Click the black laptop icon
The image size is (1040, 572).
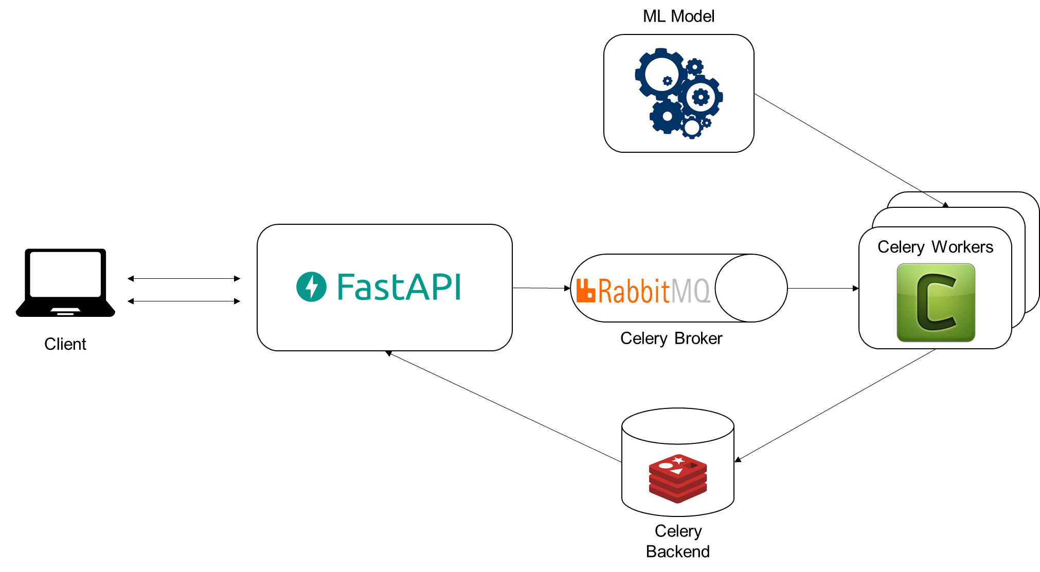coord(65,282)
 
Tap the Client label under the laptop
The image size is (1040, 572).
coord(65,344)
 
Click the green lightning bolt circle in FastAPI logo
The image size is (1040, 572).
coord(311,287)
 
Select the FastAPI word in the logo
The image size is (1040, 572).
coord(399,287)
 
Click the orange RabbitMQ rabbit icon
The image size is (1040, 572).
coord(586,290)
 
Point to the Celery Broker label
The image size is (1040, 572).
coord(671,338)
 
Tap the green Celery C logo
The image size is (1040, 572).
coord(936,302)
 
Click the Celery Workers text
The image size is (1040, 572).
coord(935,247)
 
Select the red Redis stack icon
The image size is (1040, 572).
coord(678,478)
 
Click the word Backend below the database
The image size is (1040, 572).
coord(678,551)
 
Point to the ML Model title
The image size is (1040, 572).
coord(678,16)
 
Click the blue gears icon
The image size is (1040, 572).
coord(679,93)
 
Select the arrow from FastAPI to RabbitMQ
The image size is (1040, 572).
coord(542,288)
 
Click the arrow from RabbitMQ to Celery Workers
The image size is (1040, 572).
coord(823,288)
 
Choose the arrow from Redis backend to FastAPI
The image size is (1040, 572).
coord(504,406)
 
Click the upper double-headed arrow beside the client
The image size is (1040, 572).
coord(184,278)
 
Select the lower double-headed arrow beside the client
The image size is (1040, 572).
coord(184,301)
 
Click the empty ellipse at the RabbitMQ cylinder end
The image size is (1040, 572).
coord(751,288)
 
